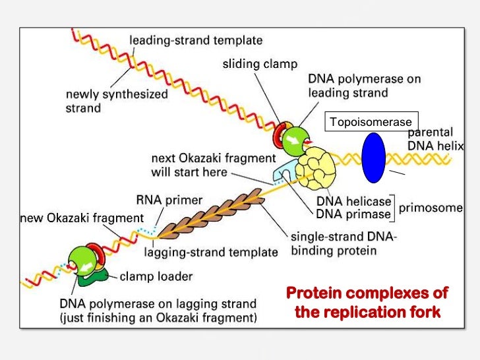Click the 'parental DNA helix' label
(436, 139)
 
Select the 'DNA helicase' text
(353, 201)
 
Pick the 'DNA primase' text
(353, 214)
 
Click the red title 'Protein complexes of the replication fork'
(367, 302)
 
